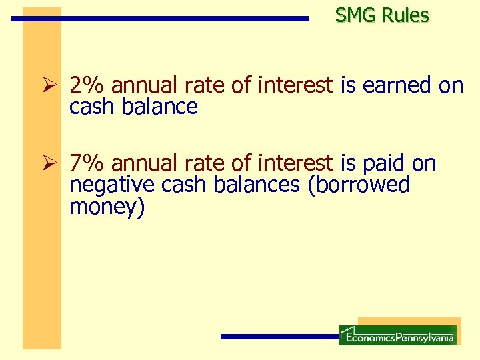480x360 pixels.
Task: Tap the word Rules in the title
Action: coord(405,15)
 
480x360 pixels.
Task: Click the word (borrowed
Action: coord(357,185)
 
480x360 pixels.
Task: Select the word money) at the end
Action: coord(107,207)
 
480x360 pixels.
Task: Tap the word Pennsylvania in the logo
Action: coord(425,337)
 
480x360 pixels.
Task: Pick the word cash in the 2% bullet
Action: coord(93,107)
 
